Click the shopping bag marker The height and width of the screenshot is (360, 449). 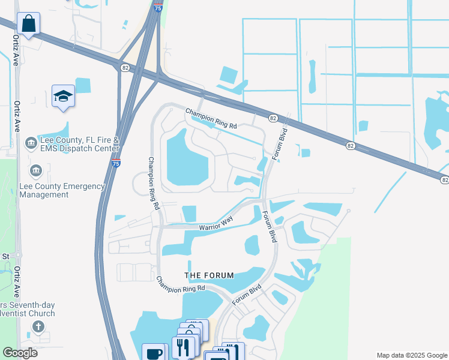click(x=28, y=25)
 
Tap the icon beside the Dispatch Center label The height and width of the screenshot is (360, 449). click(x=30, y=144)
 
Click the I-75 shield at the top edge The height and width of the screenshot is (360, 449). click(x=157, y=8)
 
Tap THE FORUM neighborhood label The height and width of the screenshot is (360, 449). click(x=209, y=275)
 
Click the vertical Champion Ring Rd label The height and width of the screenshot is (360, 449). click(x=154, y=183)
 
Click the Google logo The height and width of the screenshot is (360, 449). click(x=20, y=352)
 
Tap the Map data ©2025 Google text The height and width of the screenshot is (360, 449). click(x=411, y=355)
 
